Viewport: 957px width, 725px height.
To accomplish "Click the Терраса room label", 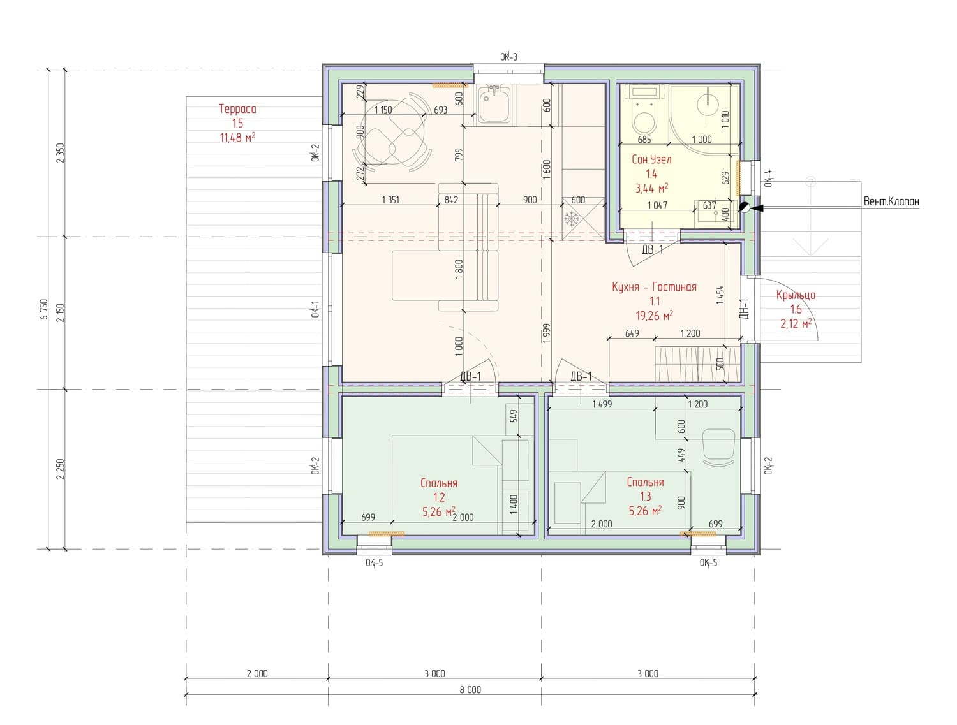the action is point(237,109).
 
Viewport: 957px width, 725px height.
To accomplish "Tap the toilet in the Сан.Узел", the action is point(644,112).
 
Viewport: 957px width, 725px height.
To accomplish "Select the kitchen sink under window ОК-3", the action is point(494,105).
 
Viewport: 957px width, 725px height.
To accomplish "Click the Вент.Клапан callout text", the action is point(891,201).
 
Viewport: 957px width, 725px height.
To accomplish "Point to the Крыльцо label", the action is point(795,295).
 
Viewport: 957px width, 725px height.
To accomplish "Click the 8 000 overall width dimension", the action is point(470,690).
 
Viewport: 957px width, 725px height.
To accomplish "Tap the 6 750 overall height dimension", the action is point(43,309).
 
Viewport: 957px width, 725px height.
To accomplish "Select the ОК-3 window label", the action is point(508,57).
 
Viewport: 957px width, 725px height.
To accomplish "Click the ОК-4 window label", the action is point(769,178).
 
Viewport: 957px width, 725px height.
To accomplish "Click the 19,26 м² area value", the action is point(653,315).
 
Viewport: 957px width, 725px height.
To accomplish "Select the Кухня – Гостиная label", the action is point(653,287).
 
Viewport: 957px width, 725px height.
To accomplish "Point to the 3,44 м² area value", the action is point(651,188).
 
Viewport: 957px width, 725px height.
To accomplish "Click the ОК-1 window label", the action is point(316,309).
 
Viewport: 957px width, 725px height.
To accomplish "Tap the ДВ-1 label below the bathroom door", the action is point(652,250).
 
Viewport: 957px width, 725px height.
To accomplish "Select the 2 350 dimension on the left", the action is point(60,153).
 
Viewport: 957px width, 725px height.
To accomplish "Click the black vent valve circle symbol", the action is point(745,208).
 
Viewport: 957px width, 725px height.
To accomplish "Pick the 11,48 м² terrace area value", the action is point(237,138).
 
